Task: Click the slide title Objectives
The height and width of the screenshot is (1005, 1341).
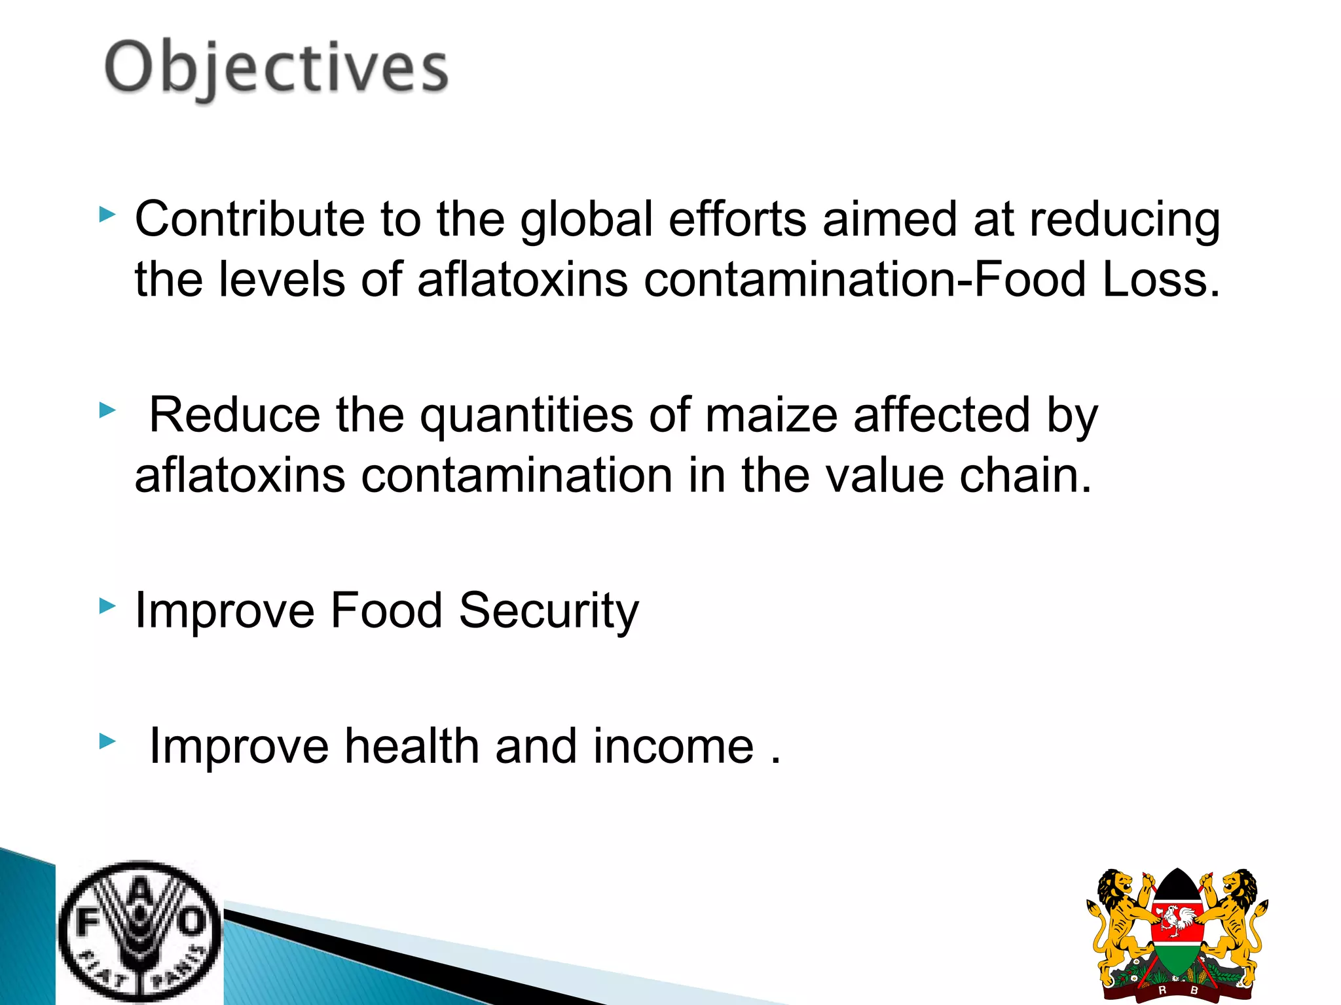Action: [276, 67]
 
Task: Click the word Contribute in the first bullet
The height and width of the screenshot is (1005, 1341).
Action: [249, 219]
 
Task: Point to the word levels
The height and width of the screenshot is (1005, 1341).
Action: [282, 279]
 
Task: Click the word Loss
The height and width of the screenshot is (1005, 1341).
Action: [1161, 279]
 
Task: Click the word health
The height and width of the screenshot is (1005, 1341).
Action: [412, 746]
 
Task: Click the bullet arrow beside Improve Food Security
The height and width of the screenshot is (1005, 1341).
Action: [107, 606]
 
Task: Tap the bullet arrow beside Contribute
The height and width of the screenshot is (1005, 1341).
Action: [107, 215]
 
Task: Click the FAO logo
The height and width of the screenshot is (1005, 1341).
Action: [139, 932]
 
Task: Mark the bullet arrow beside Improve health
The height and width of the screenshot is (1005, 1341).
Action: [107, 741]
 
